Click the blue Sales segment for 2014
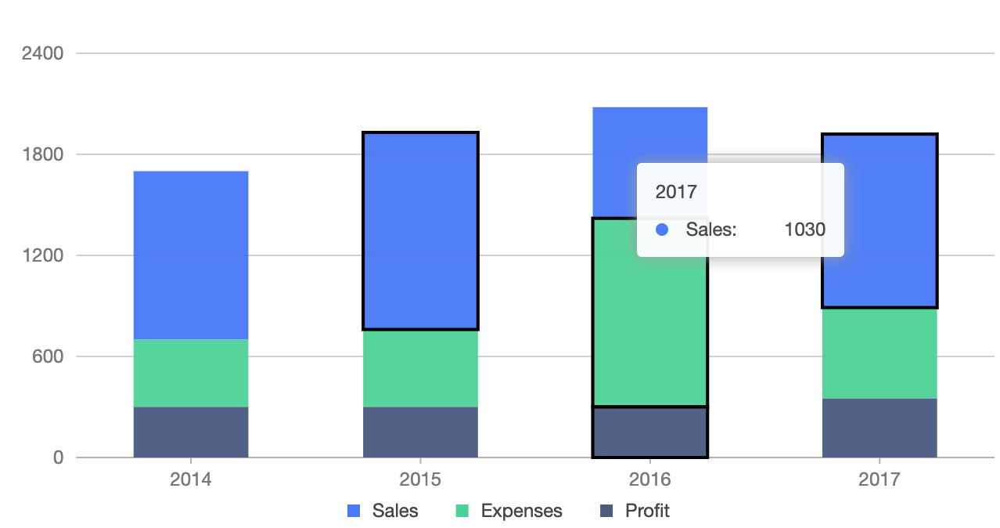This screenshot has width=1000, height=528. [x=191, y=255]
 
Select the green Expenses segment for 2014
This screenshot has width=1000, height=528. [x=191, y=373]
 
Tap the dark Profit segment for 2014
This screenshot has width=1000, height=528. [x=191, y=432]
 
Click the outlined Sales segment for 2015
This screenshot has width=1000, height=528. [x=420, y=230]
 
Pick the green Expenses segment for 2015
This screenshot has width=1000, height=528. [x=420, y=368]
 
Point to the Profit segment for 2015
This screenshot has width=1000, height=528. [x=420, y=432]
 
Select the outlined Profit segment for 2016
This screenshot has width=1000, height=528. [x=649, y=432]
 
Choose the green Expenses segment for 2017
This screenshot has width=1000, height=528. [x=879, y=353]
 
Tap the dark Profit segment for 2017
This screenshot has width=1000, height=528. [x=879, y=428]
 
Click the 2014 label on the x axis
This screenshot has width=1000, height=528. [x=191, y=479]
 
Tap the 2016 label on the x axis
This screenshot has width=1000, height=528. [x=649, y=479]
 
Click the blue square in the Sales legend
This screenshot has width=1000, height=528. [x=353, y=512]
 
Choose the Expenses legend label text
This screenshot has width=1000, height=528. [x=521, y=512]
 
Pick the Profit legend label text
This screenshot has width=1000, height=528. [x=647, y=512]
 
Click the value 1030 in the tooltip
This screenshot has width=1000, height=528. [x=804, y=230]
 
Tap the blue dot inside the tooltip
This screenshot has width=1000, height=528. [x=662, y=230]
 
